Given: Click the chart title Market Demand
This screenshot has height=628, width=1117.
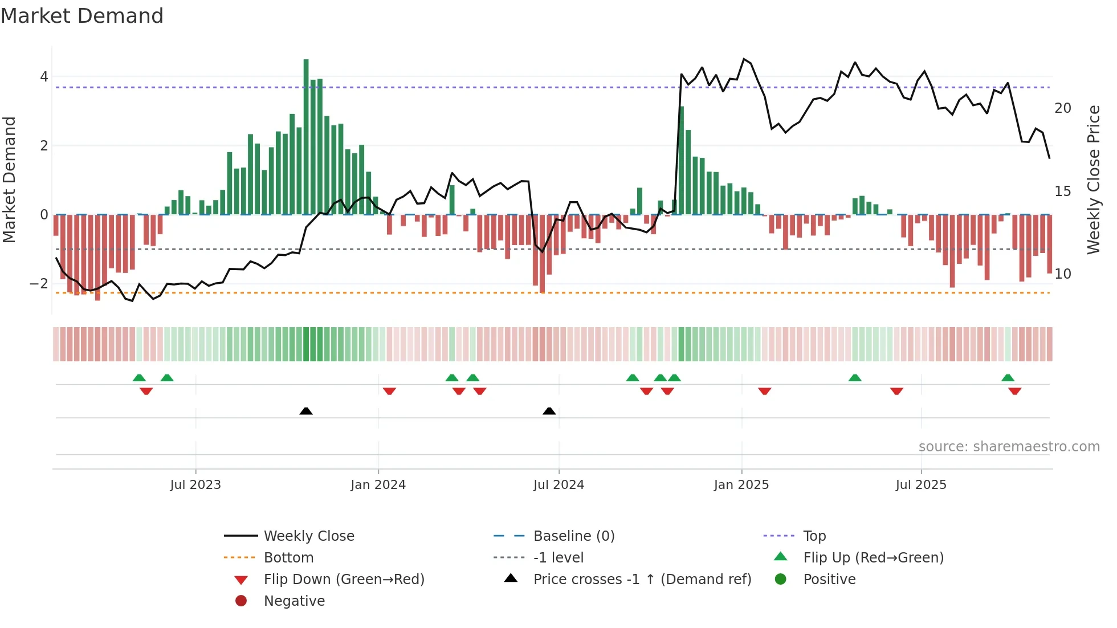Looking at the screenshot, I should (82, 16).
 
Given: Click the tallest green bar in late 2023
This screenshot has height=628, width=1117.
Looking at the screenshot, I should (306, 137).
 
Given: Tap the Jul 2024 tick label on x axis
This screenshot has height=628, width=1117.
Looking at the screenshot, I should (558, 485).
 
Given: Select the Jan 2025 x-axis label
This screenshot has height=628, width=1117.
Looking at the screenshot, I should (741, 485).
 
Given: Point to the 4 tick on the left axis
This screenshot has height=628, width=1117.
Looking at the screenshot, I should (44, 77).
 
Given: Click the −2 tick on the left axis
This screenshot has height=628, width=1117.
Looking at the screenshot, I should (39, 284).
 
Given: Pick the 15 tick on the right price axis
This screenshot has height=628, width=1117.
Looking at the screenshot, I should (1062, 191).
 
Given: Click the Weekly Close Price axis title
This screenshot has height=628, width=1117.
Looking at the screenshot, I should (1093, 180).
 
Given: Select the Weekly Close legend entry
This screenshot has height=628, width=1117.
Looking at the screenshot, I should (308, 536).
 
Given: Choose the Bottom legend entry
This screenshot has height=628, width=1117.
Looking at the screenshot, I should (288, 558).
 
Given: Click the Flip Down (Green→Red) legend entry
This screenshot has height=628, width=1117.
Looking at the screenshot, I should (344, 580).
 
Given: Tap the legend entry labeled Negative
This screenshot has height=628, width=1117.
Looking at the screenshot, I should (294, 601).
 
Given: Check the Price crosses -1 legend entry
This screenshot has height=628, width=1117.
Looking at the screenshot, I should (642, 580).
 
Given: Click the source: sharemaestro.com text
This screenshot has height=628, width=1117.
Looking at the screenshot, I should (1009, 447).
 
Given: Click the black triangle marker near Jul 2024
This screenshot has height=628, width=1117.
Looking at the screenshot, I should (549, 411).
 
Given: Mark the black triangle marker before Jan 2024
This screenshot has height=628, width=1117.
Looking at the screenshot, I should (306, 411).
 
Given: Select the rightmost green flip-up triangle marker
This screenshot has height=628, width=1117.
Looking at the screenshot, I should (1008, 378).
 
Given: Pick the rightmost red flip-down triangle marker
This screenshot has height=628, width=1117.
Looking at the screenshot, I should (1014, 391).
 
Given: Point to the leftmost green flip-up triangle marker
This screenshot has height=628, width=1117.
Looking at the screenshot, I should (139, 378).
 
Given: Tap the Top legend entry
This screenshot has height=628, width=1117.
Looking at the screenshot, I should (814, 536).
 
